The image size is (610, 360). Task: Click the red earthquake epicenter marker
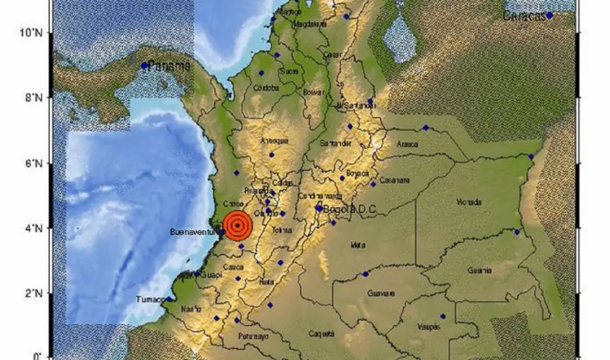[x=237, y=226]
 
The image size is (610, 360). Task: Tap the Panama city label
[x=170, y=66]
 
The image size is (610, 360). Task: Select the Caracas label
[x=525, y=16]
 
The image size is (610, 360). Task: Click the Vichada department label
[x=469, y=202]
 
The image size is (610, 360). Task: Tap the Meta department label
[x=357, y=245]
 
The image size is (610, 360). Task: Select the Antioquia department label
[x=274, y=141]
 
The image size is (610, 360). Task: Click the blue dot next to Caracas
[x=550, y=15]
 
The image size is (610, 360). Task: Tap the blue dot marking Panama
[x=145, y=65]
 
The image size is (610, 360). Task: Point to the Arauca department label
[x=408, y=145]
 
